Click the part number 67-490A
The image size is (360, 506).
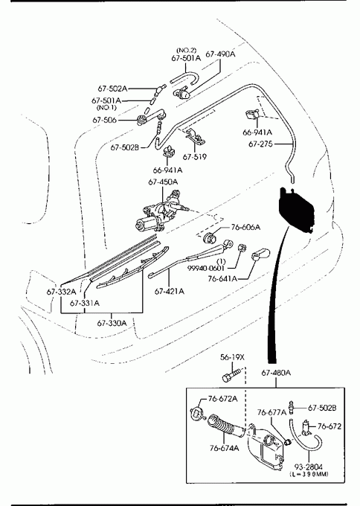tap(220, 54)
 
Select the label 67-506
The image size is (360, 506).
tap(105, 120)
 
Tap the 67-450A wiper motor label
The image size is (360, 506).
tap(163, 182)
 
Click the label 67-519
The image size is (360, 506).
tap(195, 157)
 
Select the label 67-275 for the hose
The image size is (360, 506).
tap(260, 144)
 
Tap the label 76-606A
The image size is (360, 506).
tap(245, 227)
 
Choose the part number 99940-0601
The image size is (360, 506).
tap(206, 269)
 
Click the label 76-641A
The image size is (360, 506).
tap(222, 278)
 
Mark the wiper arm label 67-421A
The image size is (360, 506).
tap(170, 292)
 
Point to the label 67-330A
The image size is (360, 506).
tap(112, 323)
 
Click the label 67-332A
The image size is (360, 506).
tap(61, 292)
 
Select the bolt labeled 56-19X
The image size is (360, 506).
tap(231, 376)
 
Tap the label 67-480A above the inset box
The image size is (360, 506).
tap(276, 373)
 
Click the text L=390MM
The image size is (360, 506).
tap(309, 474)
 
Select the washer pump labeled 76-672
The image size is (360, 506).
tap(306, 427)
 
